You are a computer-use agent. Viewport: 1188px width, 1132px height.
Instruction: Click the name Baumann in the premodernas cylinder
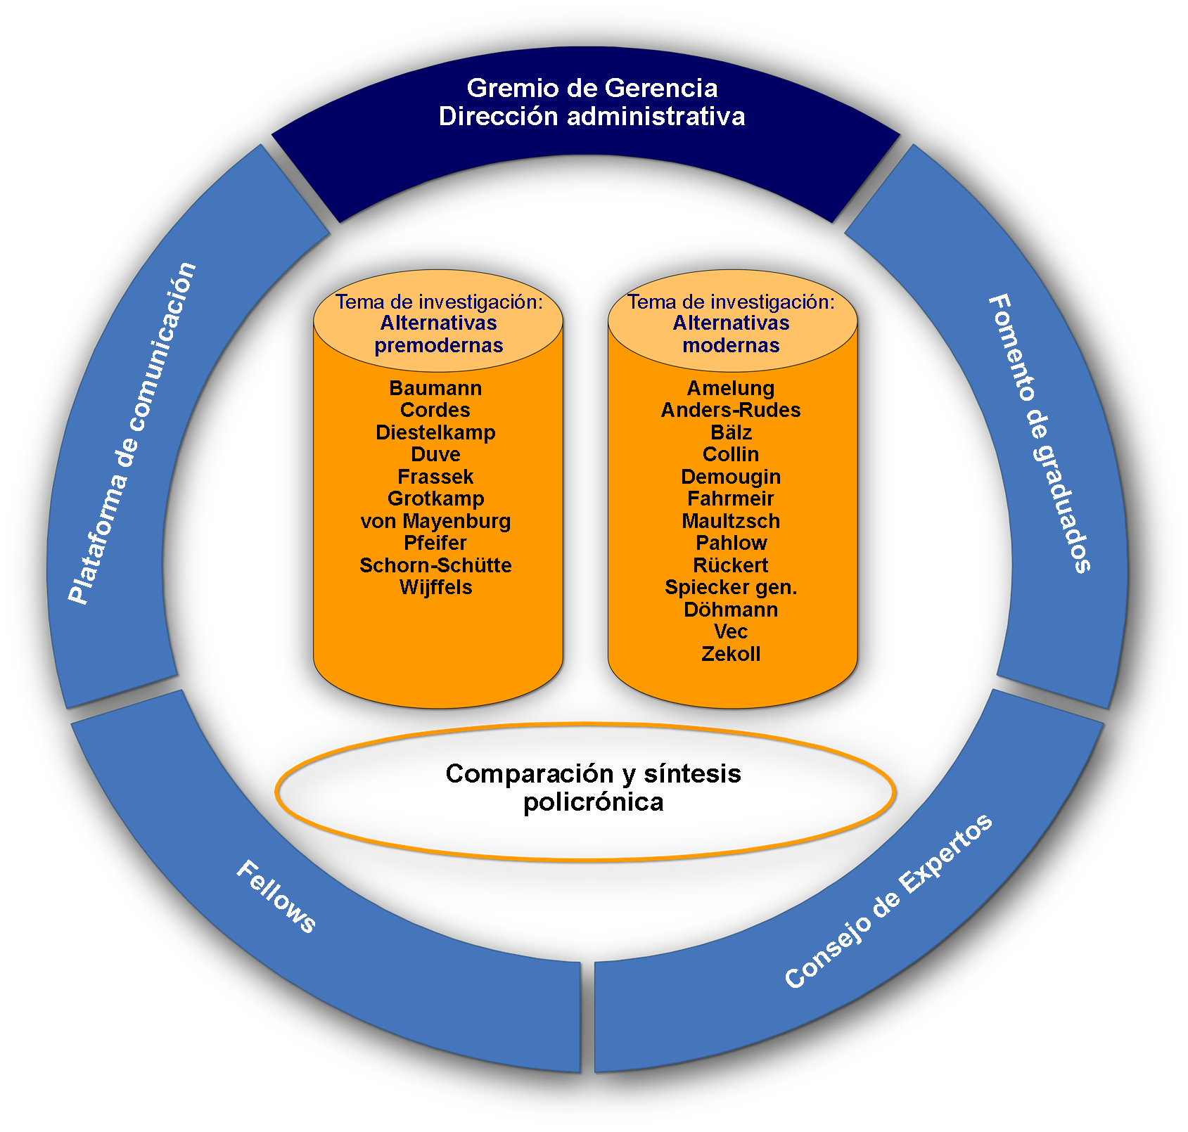click(x=435, y=388)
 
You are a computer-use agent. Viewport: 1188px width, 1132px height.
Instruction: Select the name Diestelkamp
click(x=435, y=432)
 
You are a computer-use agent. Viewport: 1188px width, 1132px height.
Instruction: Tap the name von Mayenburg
click(x=435, y=522)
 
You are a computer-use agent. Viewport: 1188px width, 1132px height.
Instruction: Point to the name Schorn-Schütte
click(x=435, y=565)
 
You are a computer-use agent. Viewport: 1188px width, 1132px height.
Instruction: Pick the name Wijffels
click(x=435, y=588)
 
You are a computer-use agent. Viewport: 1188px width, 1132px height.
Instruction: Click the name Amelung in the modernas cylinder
click(x=731, y=388)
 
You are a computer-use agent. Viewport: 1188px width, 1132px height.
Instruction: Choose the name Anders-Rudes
click(x=731, y=410)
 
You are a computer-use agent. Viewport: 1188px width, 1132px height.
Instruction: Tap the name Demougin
click(x=731, y=477)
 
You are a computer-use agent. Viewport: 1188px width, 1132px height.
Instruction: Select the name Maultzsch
click(x=731, y=521)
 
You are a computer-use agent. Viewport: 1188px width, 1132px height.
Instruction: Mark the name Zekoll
click(x=731, y=654)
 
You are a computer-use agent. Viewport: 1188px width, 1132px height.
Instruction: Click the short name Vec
click(x=731, y=631)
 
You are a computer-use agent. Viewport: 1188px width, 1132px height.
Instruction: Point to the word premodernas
click(x=439, y=346)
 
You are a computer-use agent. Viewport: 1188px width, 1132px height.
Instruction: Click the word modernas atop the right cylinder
click(x=731, y=345)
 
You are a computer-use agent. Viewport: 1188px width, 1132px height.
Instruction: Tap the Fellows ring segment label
click(x=276, y=897)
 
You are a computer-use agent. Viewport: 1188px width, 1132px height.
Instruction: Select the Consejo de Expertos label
click(x=888, y=901)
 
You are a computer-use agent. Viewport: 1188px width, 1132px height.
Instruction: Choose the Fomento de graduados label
click(x=1040, y=433)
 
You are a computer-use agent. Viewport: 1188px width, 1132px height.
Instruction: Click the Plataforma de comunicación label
click(x=132, y=433)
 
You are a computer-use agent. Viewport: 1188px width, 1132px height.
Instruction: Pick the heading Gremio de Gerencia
click(x=592, y=89)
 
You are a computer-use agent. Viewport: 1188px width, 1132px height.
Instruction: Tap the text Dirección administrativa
click(x=592, y=116)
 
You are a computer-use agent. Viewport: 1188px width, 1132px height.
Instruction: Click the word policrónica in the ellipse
click(x=594, y=802)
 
